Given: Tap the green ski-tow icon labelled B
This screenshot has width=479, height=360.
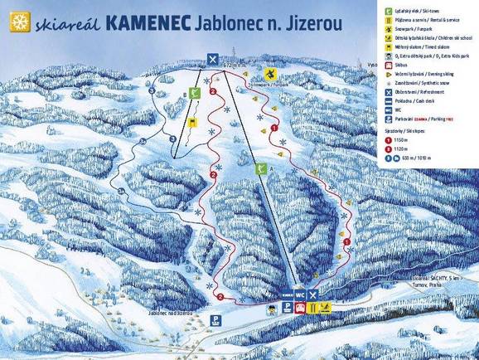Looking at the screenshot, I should [x=193, y=95].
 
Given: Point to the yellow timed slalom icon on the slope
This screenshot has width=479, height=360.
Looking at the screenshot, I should [x=193, y=122].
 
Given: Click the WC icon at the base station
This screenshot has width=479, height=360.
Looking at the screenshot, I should [x=301, y=294].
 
